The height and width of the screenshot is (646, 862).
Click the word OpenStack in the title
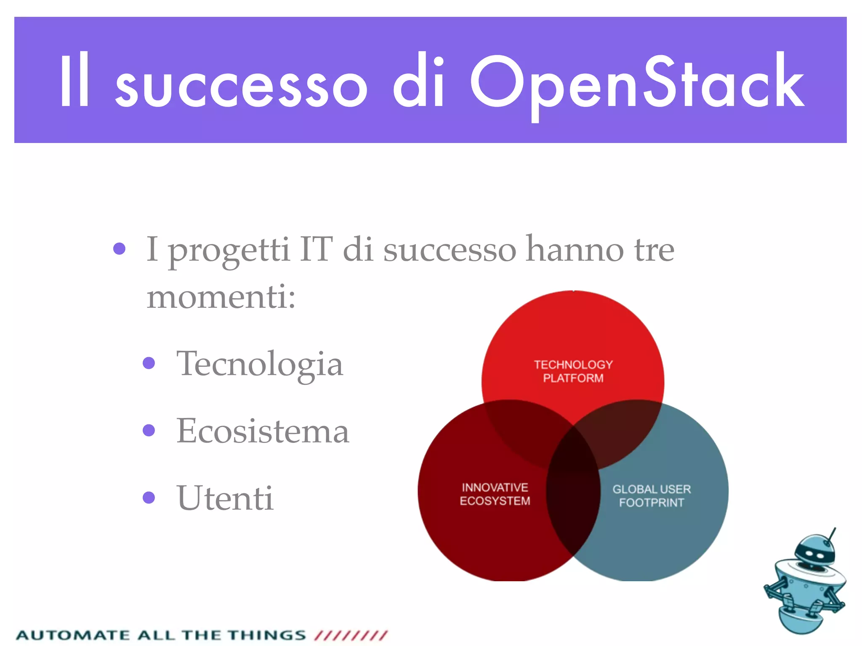pyautogui.click(x=636, y=82)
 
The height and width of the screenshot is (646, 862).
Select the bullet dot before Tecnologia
pyautogui.click(x=149, y=363)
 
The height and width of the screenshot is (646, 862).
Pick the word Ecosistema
pyautogui.click(x=263, y=431)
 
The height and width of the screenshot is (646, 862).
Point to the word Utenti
pyautogui.click(x=225, y=498)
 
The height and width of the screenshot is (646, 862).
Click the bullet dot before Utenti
pyautogui.click(x=149, y=498)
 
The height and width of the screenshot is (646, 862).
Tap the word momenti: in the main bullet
pyautogui.click(x=221, y=297)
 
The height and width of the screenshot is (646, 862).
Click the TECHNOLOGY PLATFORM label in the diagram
pyautogui.click(x=573, y=371)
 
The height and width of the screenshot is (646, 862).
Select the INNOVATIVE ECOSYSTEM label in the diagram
pyautogui.click(x=495, y=494)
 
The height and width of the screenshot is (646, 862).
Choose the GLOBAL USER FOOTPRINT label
pyautogui.click(x=652, y=495)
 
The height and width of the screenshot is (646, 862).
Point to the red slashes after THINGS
pyautogui.click(x=351, y=635)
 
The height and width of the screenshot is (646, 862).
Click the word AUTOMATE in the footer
pyautogui.click(x=72, y=635)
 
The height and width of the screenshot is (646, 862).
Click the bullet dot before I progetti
pyautogui.click(x=120, y=249)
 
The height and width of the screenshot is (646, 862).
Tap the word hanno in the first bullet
pyautogui.click(x=575, y=249)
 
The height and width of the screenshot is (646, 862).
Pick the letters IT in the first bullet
pyautogui.click(x=316, y=249)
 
